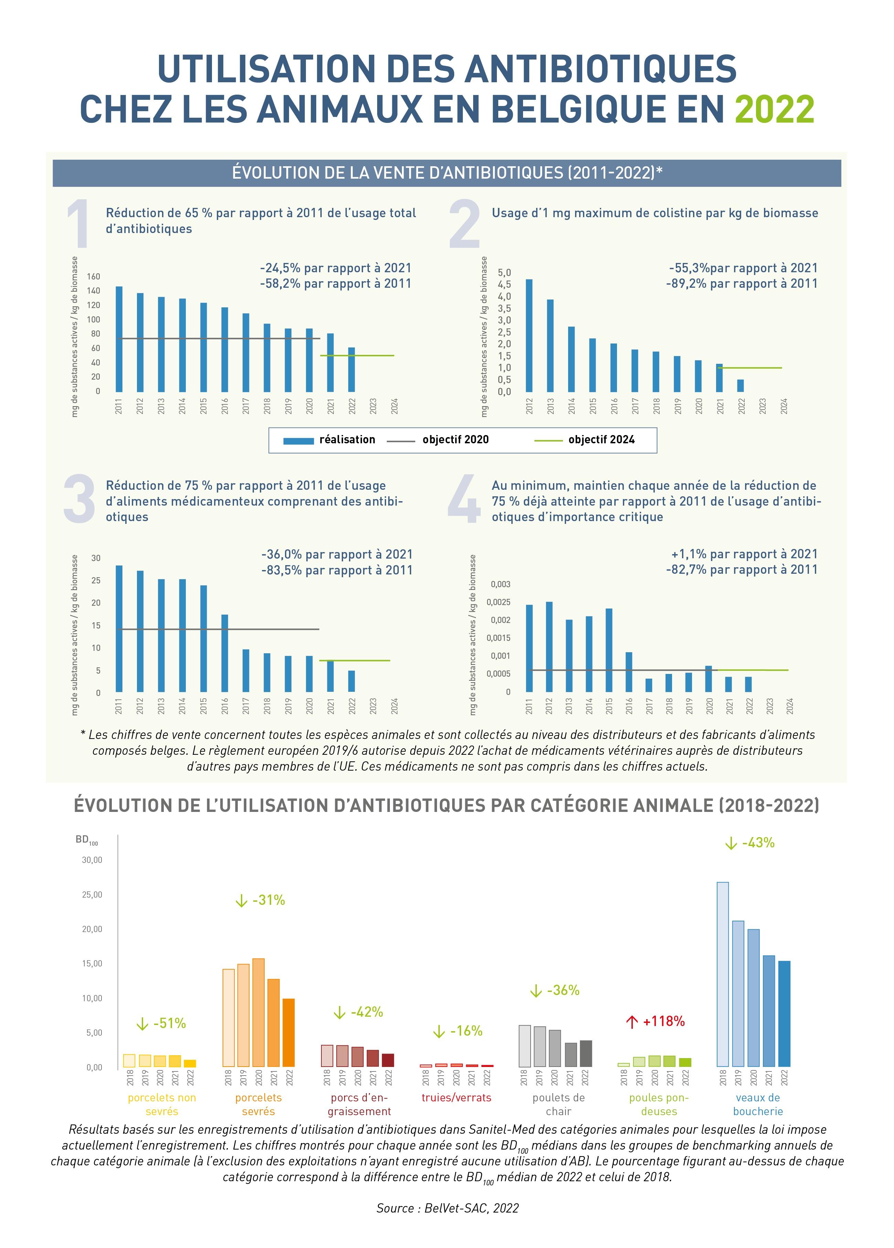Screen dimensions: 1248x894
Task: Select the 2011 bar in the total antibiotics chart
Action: tap(119, 338)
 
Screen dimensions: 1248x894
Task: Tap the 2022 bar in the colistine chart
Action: tap(741, 385)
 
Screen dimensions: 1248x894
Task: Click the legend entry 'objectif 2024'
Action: tap(601, 440)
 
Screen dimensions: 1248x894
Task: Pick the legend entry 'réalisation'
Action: tap(347, 440)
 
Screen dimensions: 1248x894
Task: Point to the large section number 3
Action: tap(80, 499)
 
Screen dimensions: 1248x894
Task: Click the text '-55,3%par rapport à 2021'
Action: tap(743, 268)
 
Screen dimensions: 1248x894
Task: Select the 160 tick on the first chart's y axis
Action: tap(94, 276)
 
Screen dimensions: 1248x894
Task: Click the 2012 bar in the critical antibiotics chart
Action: tap(549, 647)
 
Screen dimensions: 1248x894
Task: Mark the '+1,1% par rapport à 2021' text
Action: tap(744, 554)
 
